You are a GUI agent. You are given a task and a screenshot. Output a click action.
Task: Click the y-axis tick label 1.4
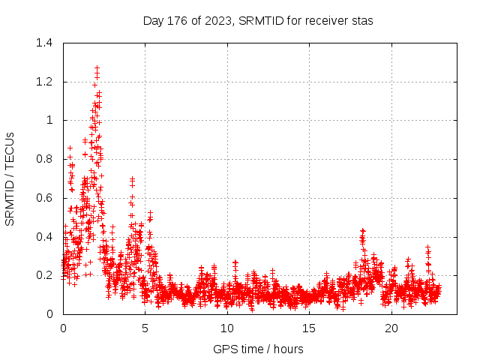(46, 43)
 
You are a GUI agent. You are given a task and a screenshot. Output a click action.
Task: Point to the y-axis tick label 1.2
(46, 82)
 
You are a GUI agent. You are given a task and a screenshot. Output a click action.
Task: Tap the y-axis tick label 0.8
(46, 159)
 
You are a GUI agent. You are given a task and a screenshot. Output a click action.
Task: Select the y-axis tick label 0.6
(46, 198)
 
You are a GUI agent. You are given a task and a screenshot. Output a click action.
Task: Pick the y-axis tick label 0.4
(46, 237)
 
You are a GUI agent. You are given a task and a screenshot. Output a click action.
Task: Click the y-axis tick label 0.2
(46, 275)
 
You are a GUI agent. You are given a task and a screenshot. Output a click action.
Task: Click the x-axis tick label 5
(145, 328)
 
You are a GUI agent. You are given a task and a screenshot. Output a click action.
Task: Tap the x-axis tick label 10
(226, 328)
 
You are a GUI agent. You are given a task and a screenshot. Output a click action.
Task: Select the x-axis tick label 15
(309, 328)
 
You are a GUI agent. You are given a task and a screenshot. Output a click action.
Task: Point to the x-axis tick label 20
(391, 328)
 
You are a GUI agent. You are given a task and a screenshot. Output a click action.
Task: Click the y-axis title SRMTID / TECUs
(10, 178)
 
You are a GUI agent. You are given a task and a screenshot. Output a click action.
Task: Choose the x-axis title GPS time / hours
(258, 349)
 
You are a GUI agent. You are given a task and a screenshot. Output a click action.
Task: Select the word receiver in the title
(327, 20)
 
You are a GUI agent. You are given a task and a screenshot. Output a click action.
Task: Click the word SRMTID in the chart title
(259, 20)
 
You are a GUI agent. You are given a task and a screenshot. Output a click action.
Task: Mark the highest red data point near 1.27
(97, 68)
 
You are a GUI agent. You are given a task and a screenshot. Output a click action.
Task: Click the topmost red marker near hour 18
(362, 231)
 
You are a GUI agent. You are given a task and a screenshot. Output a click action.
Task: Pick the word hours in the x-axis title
(288, 349)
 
